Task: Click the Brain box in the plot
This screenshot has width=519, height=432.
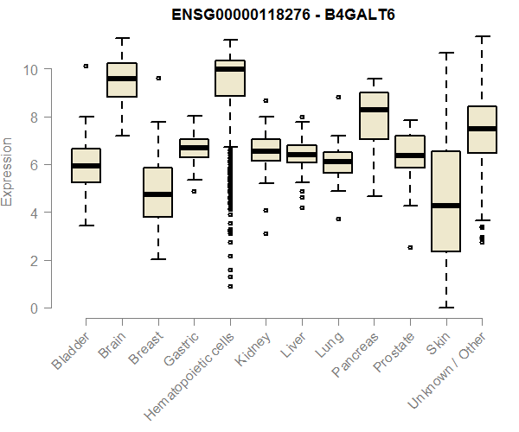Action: tap(122, 79)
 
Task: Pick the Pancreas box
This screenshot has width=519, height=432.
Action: tap(374, 115)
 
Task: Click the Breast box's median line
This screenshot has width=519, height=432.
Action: tap(158, 194)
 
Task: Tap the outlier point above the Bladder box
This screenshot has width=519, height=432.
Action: tap(86, 66)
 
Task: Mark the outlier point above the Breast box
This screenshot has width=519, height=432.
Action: tap(158, 78)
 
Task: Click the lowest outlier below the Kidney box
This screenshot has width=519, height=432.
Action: tap(266, 233)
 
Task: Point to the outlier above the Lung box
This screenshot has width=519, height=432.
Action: tap(338, 97)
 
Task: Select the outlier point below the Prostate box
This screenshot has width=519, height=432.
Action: tap(410, 247)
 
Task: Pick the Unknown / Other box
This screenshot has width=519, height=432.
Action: tap(482, 129)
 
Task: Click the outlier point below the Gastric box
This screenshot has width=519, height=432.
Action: tap(194, 191)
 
